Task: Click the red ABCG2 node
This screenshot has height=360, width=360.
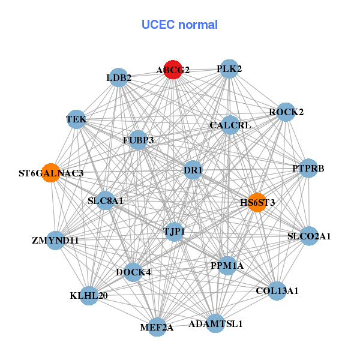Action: coord(173,70)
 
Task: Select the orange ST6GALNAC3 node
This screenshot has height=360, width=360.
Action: coord(51,173)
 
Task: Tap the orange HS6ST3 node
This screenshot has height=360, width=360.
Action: coord(257,202)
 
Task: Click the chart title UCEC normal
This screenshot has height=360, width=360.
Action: coord(179,25)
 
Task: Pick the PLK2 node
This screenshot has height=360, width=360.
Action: coord(229,69)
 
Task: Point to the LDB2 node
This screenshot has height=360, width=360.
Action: coord(119,77)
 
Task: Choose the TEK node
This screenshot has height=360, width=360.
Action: coord(76,119)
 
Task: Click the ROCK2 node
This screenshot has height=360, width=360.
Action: coord(286,112)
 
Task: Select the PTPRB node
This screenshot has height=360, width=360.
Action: coord(308,168)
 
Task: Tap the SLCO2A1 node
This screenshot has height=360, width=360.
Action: coord(309,236)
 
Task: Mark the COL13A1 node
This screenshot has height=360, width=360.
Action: coord(277,290)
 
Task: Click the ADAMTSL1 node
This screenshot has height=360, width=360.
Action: coord(215,323)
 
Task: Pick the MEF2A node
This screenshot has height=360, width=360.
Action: coord(157,327)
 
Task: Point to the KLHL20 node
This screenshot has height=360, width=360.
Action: coord(89,295)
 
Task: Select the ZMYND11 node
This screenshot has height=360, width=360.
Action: coord(55,241)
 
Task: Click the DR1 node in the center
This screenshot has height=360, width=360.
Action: coord(193,170)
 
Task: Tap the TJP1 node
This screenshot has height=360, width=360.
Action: coord(174,231)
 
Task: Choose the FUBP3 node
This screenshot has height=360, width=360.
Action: coord(138,140)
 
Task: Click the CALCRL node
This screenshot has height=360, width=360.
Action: coord(230,125)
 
